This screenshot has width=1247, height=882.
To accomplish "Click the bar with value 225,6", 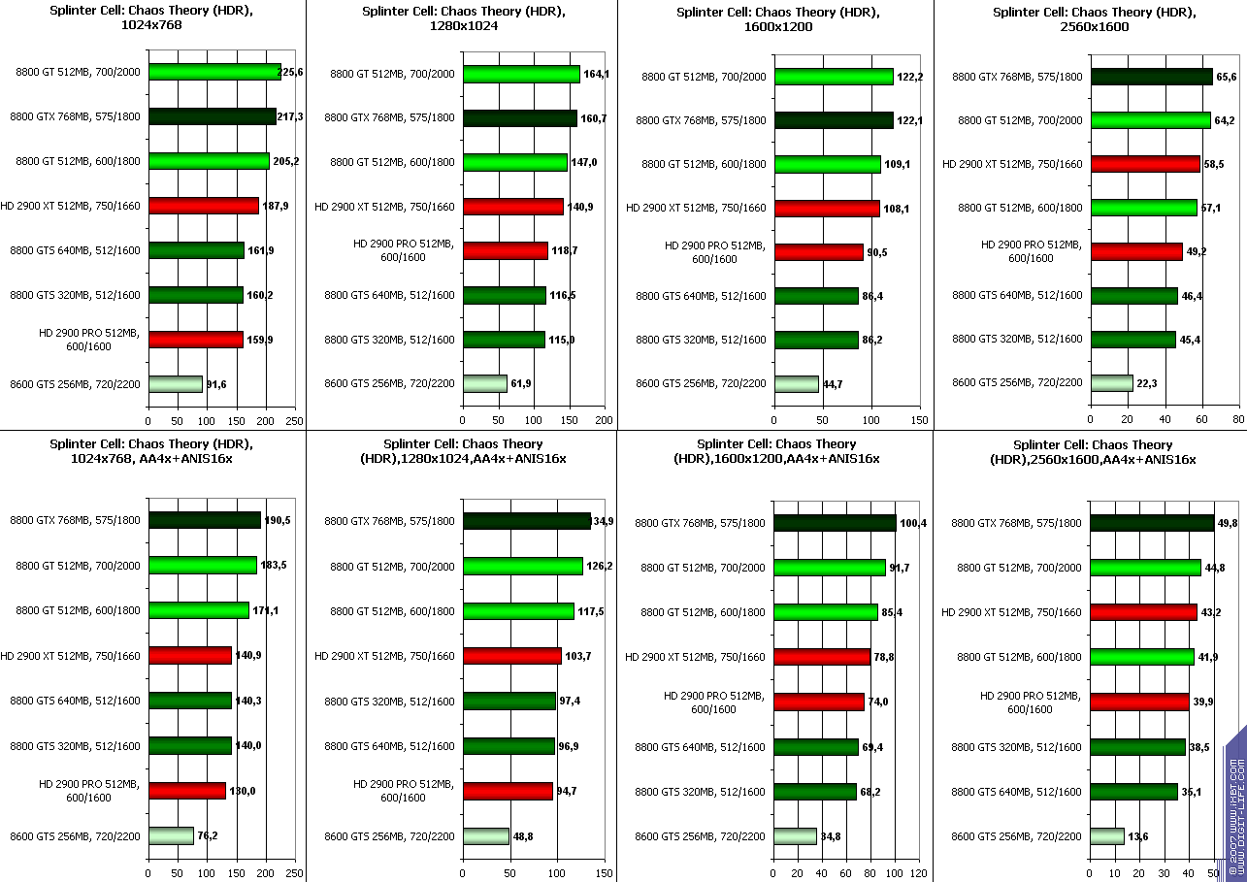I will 214,72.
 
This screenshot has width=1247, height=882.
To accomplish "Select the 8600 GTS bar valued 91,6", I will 175,384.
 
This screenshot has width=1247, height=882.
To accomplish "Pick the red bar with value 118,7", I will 505,250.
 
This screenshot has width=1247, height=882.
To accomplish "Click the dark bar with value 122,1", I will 834,120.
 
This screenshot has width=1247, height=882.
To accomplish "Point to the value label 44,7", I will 833,384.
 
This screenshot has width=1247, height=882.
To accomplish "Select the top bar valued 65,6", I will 1151,77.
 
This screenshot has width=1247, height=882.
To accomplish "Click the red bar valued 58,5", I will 1145,164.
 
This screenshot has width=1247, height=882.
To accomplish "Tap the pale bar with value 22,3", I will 1111,383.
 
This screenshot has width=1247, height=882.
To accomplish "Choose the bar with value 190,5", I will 204,521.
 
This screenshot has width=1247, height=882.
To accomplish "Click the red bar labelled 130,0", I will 186,791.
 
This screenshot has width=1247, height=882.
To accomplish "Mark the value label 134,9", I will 604,522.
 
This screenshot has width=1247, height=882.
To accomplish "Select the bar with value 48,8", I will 485,836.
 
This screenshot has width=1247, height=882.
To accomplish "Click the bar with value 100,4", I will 835,523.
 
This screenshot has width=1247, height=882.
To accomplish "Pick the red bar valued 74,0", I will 818,702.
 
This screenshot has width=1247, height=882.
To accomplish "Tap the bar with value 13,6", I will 1107,836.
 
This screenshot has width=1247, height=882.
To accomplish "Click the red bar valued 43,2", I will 1143,612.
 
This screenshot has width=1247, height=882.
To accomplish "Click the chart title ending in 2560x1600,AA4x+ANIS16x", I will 1090,451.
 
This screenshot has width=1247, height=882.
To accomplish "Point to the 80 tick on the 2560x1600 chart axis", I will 1238,420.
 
